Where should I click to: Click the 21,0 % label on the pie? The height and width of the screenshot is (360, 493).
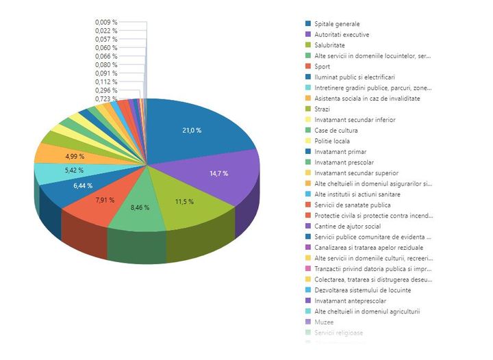point(191,130)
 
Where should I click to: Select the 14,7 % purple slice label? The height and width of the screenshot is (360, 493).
point(219,173)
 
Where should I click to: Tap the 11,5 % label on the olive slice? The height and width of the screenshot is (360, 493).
point(184,202)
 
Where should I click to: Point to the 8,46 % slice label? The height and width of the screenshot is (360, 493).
point(140,206)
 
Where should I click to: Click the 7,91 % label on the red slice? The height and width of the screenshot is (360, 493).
point(104,200)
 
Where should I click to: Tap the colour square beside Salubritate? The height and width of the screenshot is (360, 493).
point(309,45)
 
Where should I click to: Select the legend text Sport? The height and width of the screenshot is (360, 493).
point(322,66)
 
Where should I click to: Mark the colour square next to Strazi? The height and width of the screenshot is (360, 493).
point(309,109)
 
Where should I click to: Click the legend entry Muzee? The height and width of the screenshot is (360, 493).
point(324,322)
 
